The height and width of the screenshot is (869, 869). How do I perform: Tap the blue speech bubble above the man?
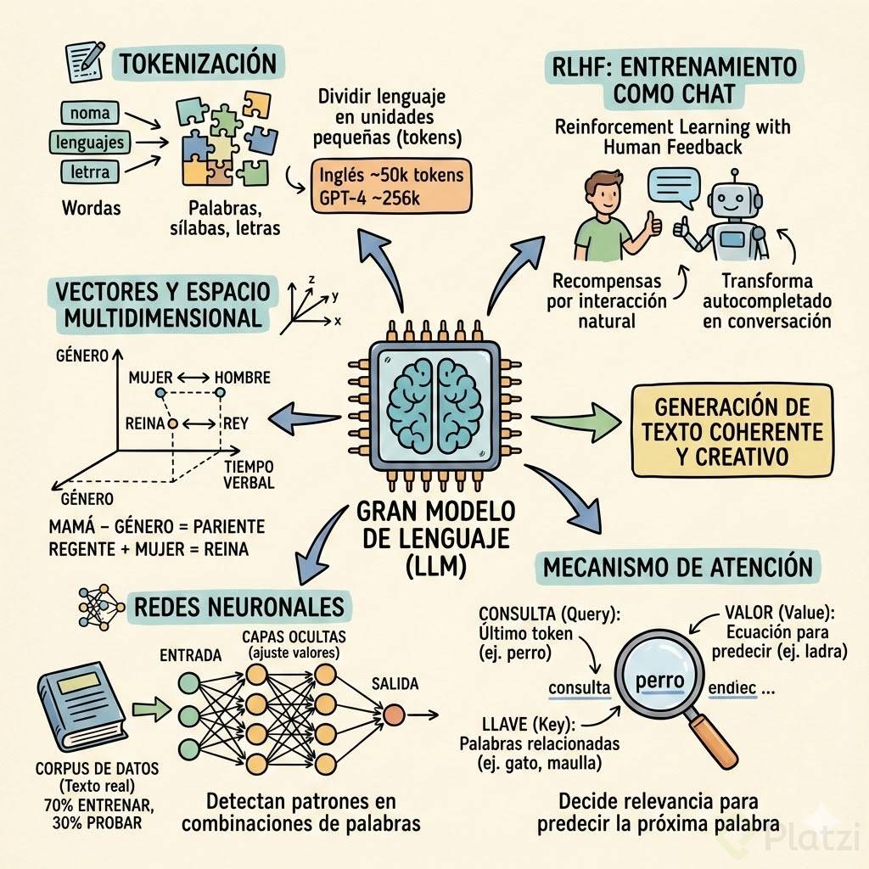670,185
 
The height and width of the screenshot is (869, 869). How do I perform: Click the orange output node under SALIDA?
393,715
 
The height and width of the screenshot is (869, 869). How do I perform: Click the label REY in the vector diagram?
234,422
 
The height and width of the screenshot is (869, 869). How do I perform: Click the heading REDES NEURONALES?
238,606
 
